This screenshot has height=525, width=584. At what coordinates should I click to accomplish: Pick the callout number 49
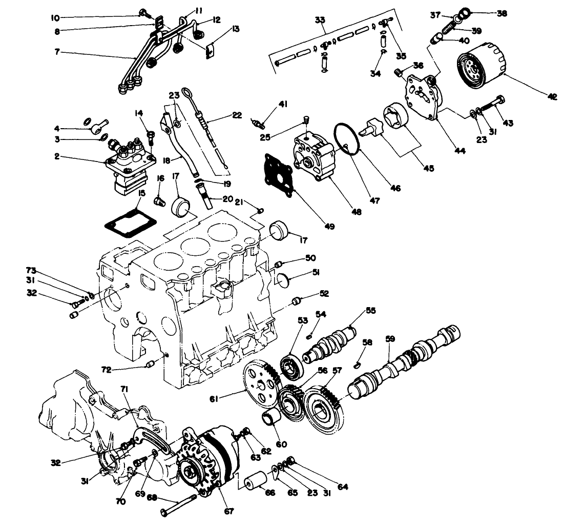[329, 226]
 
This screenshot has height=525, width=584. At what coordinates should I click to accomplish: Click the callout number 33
[320, 20]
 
